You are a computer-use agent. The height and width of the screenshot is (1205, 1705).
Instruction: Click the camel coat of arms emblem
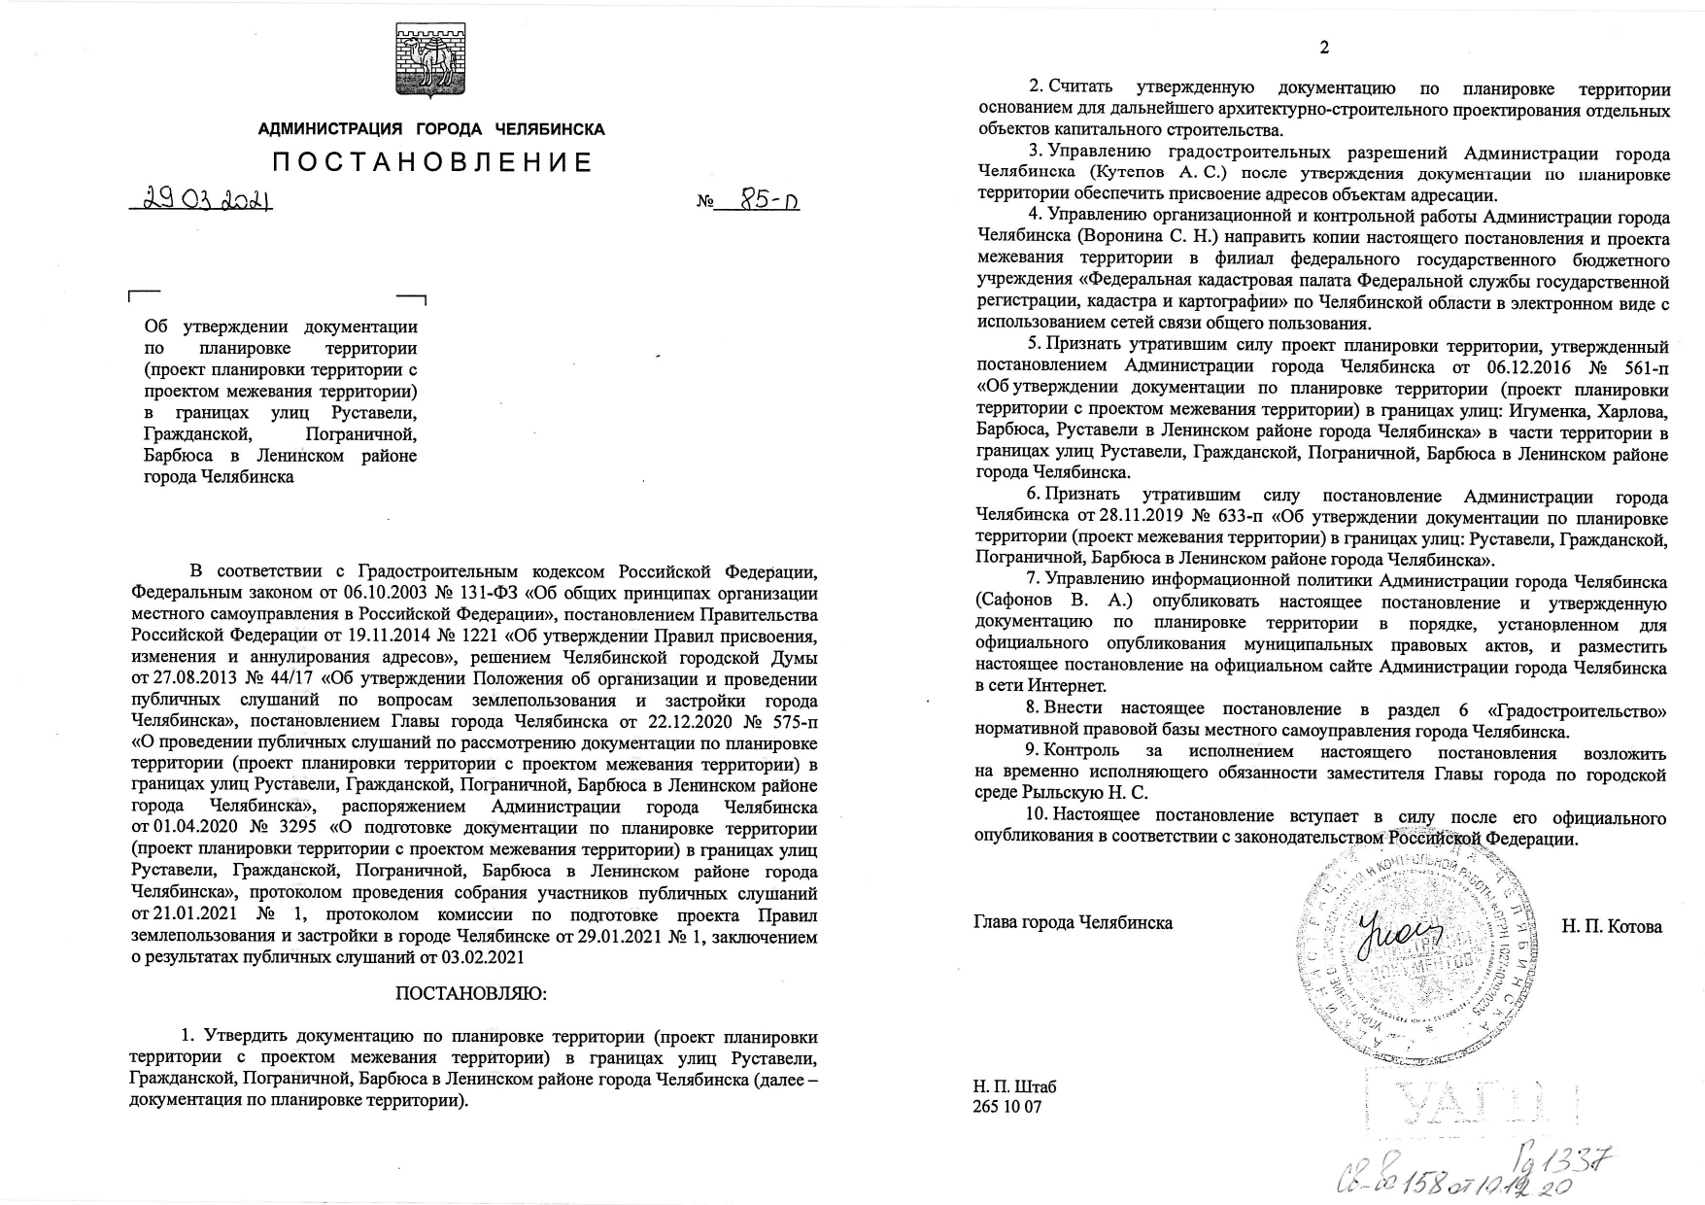(430, 60)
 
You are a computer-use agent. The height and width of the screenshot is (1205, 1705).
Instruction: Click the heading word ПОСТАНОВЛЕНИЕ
(431, 162)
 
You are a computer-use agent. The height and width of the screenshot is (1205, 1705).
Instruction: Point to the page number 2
(1323, 48)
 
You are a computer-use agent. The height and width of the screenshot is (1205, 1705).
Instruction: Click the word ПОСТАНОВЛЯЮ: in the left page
(471, 994)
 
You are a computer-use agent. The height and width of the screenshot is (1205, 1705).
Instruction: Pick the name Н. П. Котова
(1612, 926)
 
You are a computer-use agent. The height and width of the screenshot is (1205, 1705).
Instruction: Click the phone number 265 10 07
(1006, 1107)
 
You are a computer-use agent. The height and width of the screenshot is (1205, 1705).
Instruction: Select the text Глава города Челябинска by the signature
(1073, 922)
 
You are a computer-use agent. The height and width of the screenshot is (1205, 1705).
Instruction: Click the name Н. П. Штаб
(1014, 1086)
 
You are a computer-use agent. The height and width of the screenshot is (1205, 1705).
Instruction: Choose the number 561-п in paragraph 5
(1641, 367)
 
